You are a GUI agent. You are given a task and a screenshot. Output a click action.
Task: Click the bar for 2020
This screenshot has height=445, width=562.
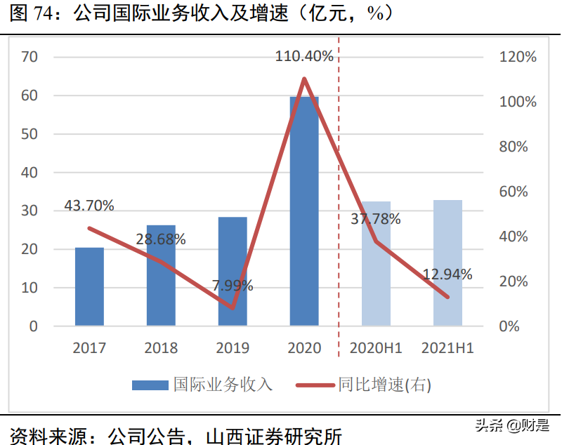pos(304,211)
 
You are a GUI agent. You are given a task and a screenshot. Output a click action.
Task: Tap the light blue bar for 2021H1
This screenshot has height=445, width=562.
pos(447,263)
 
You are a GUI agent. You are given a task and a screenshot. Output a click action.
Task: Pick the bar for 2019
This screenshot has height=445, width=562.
pos(233,271)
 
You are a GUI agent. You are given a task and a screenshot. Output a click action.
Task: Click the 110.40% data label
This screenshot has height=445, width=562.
pos(304,56)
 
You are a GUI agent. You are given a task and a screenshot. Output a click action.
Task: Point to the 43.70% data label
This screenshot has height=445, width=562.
pos(89,206)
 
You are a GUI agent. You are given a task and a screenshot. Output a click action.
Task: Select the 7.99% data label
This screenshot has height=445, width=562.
pos(233,286)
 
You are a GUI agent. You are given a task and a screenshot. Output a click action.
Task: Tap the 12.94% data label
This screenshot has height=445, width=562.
pos(447,274)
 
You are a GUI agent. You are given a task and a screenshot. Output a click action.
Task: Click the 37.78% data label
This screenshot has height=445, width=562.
pos(376,219)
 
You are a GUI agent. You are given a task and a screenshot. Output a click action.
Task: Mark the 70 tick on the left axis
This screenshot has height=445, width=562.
pos(30,57)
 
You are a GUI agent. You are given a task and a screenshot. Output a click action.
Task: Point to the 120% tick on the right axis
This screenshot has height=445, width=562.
pos(518,57)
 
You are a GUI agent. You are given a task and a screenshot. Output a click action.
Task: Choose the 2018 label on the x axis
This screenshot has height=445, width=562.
pos(161,348)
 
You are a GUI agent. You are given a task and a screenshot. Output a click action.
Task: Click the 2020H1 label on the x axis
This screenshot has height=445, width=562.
pos(376,348)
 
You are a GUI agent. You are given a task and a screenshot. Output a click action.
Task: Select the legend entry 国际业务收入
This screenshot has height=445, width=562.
pos(203,385)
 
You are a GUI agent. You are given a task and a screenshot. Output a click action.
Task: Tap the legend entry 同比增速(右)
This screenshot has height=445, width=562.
pos(365,385)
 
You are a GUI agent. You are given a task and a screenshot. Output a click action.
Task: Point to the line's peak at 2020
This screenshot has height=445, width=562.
pos(304,78)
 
